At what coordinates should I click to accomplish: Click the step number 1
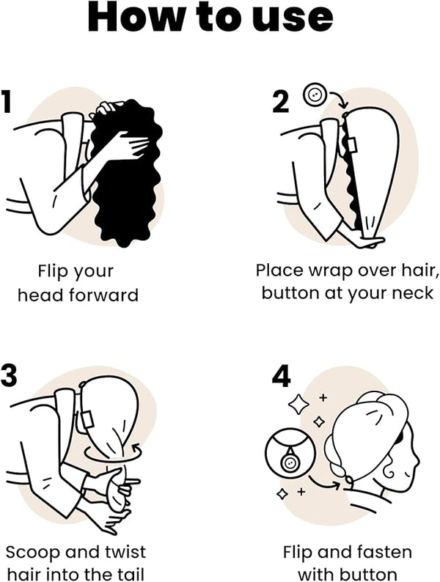(5, 101)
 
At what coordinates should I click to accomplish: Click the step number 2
(281, 102)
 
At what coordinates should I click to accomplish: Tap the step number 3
(9, 375)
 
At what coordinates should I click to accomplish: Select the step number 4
(281, 375)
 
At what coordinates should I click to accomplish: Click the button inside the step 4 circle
(290, 463)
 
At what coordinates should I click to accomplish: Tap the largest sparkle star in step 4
(298, 404)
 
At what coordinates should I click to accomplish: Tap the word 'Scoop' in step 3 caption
(32, 552)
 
